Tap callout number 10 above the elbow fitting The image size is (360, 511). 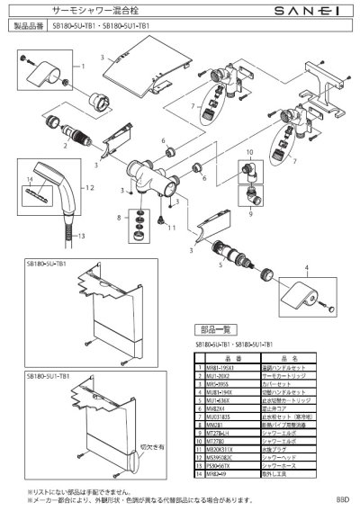pyautogui.click(x=250, y=153)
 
